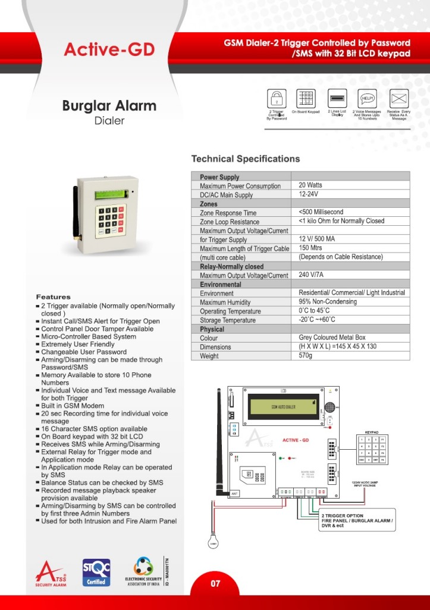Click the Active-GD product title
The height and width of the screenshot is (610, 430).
pos(109,50)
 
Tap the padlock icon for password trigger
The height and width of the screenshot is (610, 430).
pos(277,98)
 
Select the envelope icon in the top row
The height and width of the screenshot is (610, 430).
pos(398,98)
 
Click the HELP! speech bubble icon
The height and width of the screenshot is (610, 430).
pos(368,98)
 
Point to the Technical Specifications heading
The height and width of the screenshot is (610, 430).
pos(245,159)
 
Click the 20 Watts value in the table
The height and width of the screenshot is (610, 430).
pos(310,185)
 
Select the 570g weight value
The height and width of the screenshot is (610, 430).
pos(306,356)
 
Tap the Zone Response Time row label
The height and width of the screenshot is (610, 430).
pos(228,213)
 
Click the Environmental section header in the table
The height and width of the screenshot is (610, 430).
pos(221,284)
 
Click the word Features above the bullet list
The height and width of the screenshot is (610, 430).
pos(53,297)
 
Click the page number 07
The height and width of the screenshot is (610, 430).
pos(215,584)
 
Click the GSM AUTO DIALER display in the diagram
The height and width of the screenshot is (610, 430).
pos(283,407)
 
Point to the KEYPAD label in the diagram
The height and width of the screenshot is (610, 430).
pos(372,433)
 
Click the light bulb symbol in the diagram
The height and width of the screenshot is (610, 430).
pos(213,541)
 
